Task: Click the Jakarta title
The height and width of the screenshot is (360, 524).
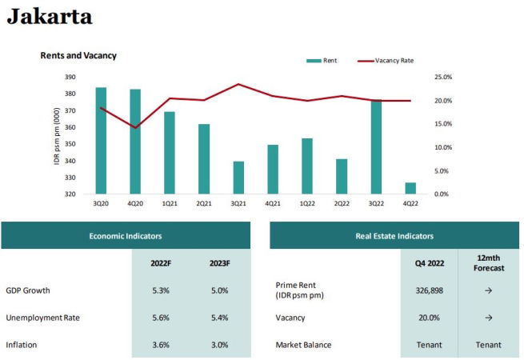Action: (x=50, y=16)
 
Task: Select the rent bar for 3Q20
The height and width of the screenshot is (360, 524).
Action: (x=101, y=140)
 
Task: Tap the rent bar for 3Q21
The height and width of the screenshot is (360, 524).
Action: (x=238, y=178)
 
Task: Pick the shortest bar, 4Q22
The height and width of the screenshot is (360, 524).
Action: (x=410, y=188)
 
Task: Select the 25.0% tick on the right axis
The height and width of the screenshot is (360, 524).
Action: (x=442, y=78)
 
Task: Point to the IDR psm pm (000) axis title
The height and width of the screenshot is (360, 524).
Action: (x=57, y=136)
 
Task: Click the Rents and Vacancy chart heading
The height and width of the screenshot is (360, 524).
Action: (x=78, y=55)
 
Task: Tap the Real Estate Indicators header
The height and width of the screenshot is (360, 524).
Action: (x=394, y=236)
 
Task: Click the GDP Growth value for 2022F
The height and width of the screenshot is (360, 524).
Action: (x=160, y=290)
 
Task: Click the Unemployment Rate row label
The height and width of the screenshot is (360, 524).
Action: (x=42, y=318)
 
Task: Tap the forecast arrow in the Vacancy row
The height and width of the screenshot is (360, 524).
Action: (x=488, y=318)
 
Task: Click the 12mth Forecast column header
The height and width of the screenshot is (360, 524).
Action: (x=488, y=263)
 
